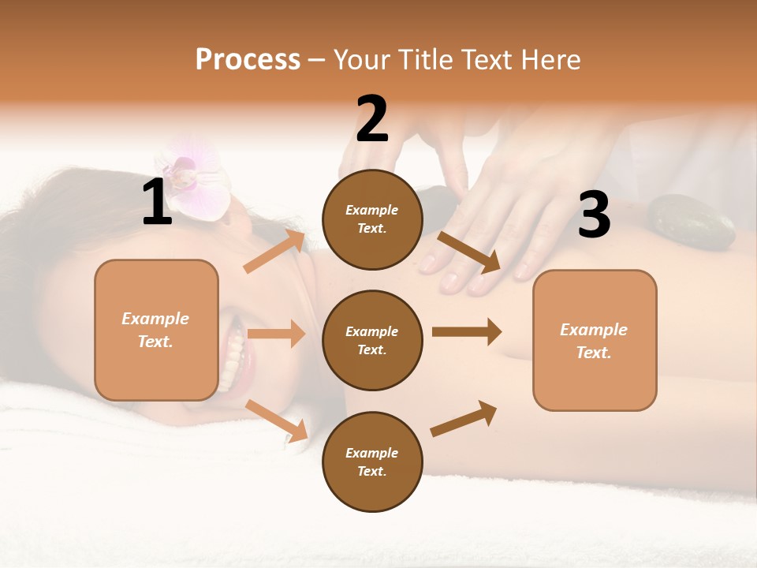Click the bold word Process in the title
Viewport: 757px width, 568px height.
click(248, 60)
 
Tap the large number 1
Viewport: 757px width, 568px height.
click(157, 203)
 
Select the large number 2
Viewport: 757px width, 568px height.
click(372, 119)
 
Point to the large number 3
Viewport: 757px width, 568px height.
click(594, 215)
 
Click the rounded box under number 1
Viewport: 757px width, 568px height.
click(156, 330)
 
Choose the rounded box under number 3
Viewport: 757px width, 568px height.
click(595, 340)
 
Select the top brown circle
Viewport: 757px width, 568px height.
click(372, 219)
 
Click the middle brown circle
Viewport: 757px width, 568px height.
click(372, 340)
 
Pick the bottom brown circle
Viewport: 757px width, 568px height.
click(372, 461)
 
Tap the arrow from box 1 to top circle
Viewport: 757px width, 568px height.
click(274, 252)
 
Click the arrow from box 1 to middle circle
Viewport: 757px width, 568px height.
click(276, 334)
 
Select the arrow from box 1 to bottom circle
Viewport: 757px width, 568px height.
click(277, 420)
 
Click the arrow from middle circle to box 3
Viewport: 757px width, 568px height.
click(467, 332)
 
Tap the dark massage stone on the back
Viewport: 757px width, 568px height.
click(691, 222)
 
